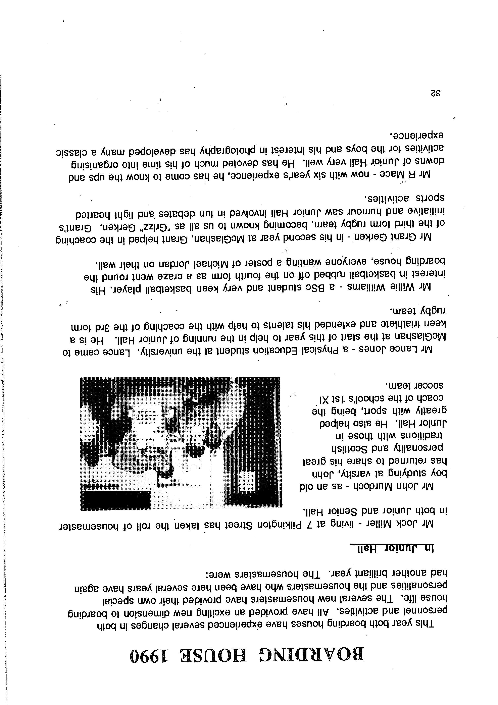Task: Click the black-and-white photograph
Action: click(181, 443)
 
